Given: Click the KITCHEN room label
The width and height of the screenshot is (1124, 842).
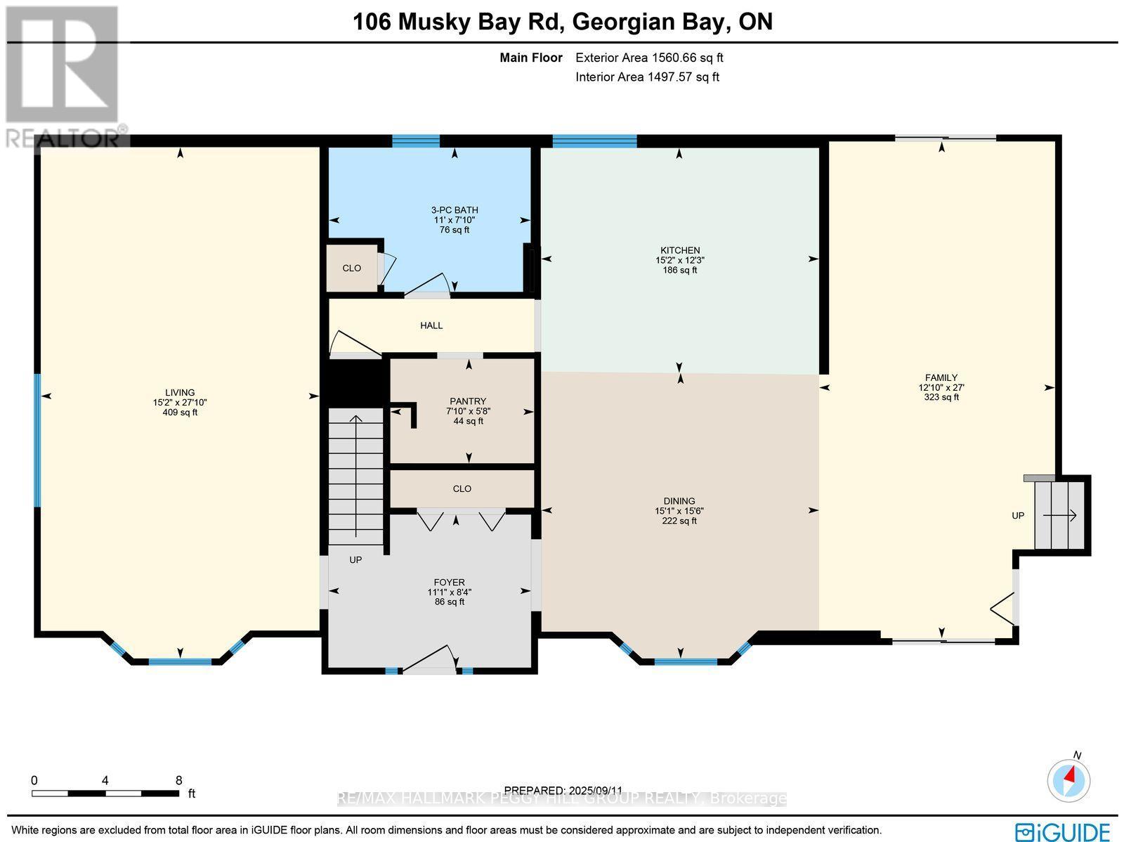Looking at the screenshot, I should pyautogui.click(x=679, y=250).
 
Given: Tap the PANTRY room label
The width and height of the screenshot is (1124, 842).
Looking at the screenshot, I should pyautogui.click(x=468, y=401).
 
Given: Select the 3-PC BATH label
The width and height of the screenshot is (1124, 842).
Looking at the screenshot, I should pyautogui.click(x=454, y=210).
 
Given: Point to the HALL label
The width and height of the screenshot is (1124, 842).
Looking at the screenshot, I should pyautogui.click(x=431, y=325).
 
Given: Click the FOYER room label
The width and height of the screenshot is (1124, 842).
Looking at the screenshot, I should pyautogui.click(x=449, y=582).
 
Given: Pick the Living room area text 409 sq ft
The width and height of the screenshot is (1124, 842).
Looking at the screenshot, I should pyautogui.click(x=180, y=413).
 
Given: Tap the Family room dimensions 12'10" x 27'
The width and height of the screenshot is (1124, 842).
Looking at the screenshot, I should pyautogui.click(x=941, y=387).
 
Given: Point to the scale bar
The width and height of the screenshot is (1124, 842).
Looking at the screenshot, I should pyautogui.click(x=105, y=794).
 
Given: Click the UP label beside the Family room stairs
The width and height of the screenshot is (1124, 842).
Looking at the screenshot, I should pyautogui.click(x=1018, y=515).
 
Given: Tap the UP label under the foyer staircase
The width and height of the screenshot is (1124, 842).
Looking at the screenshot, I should pyautogui.click(x=355, y=560).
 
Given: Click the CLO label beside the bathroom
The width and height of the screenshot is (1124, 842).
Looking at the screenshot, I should pyautogui.click(x=351, y=268).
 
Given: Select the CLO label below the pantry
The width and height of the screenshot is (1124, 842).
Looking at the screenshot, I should pyautogui.click(x=462, y=488).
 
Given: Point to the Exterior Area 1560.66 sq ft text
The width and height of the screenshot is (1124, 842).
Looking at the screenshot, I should pyautogui.click(x=649, y=58).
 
